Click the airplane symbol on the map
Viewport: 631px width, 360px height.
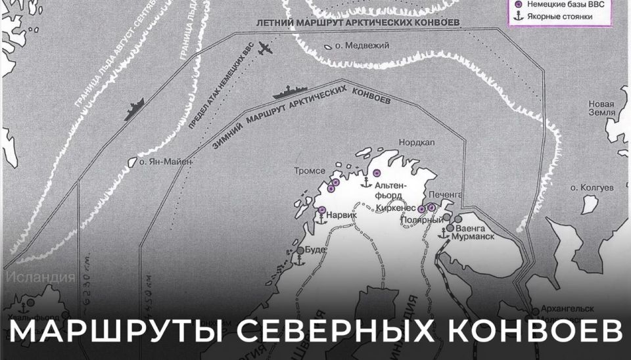coord(266,49)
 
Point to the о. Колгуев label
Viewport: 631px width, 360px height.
coord(592,187)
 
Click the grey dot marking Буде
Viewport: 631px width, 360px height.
coord(300,250)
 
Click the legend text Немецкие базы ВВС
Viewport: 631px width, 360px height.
coord(566,4)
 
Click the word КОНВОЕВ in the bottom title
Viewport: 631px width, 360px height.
coord(532,332)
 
